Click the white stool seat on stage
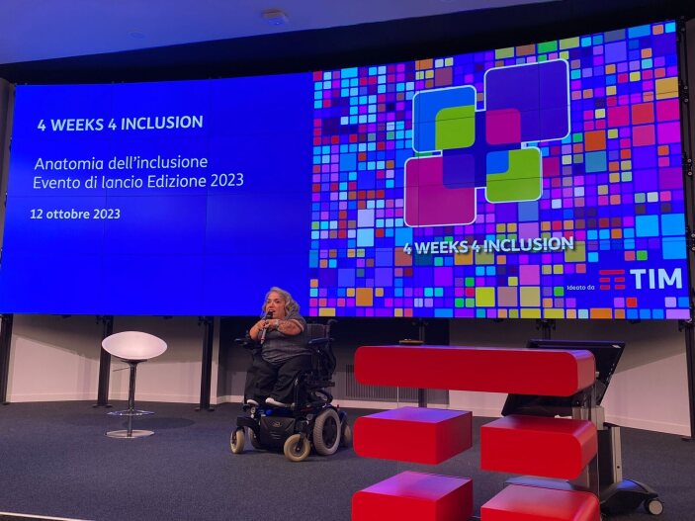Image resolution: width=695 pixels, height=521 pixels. (134, 346)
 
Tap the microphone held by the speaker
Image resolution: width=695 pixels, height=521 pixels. (265, 327)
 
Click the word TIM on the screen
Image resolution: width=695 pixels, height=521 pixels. (656, 279)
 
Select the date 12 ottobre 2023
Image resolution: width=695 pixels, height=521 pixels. (75, 215)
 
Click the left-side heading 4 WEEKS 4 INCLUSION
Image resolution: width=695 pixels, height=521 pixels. (121, 124)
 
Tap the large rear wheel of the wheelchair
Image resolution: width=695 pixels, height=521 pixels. (326, 431)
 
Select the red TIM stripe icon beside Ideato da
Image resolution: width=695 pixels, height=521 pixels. (612, 279)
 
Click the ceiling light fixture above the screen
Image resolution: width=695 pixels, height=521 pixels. (275, 17)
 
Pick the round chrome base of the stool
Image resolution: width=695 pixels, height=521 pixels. (130, 433)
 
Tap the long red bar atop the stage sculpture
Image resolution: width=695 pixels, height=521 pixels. (475, 370)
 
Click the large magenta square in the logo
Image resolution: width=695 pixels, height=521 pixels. (439, 191)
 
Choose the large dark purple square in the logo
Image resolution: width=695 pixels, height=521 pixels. (527, 100)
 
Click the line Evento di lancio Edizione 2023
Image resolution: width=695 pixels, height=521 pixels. (138, 182)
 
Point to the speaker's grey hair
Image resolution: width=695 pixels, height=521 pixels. (281, 298)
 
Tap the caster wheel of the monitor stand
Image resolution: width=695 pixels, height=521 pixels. (653, 506)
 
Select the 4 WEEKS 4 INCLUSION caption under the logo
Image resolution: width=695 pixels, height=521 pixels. (488, 245)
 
